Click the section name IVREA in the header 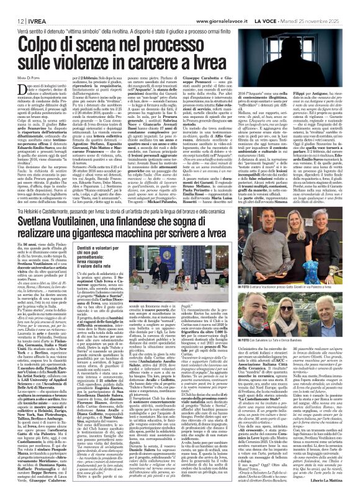(x=32, y=5)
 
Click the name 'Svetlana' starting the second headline (x=43, y=187)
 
